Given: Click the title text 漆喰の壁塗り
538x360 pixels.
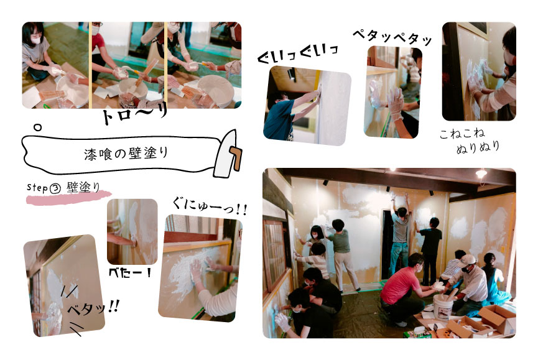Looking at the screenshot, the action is (126, 154).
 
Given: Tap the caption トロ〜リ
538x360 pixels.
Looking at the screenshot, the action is (134, 114).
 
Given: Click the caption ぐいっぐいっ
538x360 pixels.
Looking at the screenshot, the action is (298, 55).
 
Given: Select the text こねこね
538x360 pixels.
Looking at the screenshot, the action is (462, 134).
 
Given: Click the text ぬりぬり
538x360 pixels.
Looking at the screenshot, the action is (478, 147).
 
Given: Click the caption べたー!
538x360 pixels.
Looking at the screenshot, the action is (130, 273).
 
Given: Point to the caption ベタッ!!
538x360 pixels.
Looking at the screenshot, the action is (93, 308).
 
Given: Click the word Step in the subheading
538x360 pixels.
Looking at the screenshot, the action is (37, 187).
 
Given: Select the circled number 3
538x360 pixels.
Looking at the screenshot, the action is (55, 188).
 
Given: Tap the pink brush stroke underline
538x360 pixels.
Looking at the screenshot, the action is (68, 198).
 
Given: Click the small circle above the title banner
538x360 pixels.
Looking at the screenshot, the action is (37, 127).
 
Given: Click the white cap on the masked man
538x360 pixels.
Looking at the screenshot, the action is (468, 260).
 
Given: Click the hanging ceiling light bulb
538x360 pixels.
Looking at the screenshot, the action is (481, 173).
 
